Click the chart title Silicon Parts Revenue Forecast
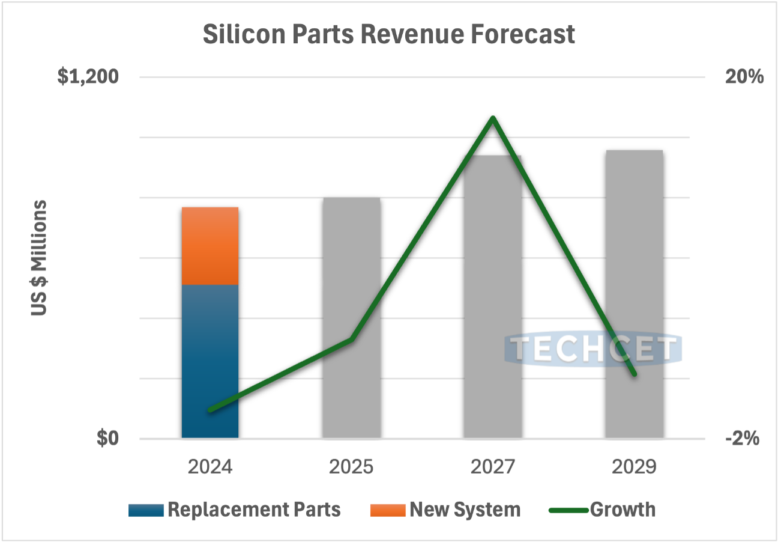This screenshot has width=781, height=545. [388, 34]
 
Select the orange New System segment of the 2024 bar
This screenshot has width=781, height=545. [210, 246]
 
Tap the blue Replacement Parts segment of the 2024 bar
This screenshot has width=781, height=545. [210, 361]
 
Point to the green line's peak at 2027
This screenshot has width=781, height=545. [493, 118]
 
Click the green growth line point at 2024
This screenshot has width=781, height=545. [210, 410]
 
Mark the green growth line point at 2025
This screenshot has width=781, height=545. [351, 339]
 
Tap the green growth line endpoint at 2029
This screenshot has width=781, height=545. [634, 374]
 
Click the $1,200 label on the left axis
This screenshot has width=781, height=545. [88, 78]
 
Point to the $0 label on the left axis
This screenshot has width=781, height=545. [108, 439]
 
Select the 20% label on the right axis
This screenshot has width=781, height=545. [745, 78]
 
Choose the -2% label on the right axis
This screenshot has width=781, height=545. [743, 439]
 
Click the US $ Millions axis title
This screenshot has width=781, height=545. [39, 258]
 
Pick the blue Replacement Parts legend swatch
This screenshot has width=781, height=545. [146, 510]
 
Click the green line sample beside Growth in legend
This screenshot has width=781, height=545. [568, 510]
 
